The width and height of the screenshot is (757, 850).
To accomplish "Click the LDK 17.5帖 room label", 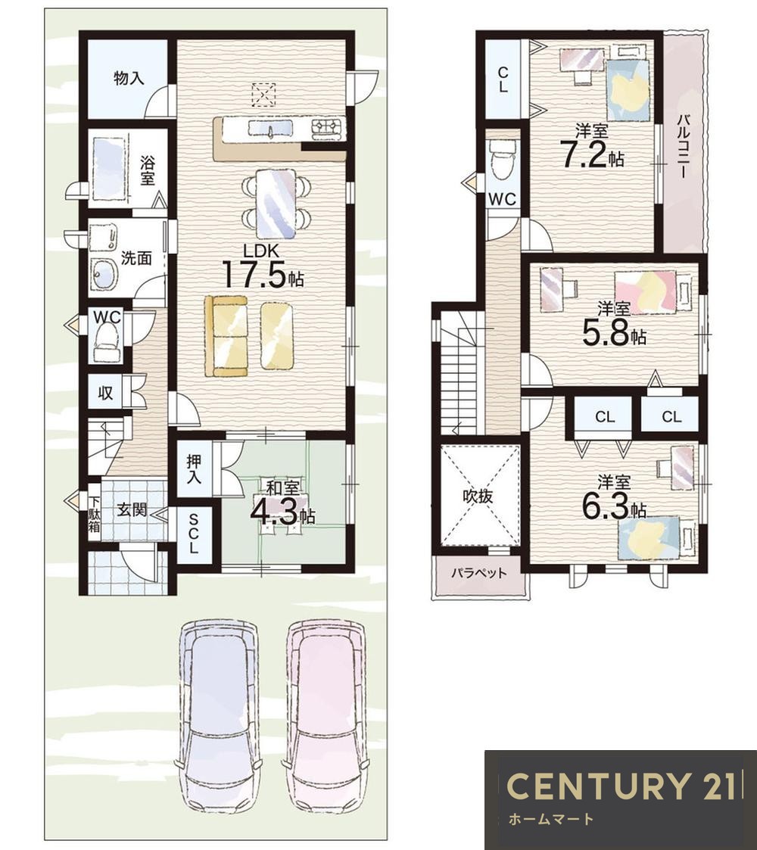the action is tap(263, 266).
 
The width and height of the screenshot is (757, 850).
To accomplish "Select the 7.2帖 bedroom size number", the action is tap(592, 155).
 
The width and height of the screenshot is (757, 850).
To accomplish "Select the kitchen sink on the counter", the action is tap(270, 129).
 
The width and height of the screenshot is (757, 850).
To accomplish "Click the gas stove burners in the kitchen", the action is tap(328, 128).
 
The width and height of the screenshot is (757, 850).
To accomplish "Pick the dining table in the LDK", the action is tap(276, 204).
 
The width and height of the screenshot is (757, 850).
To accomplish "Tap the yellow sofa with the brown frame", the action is tap(226, 335).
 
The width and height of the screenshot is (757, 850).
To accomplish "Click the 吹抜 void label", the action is tap(478, 496).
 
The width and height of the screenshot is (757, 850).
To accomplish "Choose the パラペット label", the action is tap(479, 572).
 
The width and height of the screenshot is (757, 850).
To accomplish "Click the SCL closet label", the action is tap(194, 533).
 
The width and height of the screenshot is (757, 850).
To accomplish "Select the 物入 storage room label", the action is tap(129, 79).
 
